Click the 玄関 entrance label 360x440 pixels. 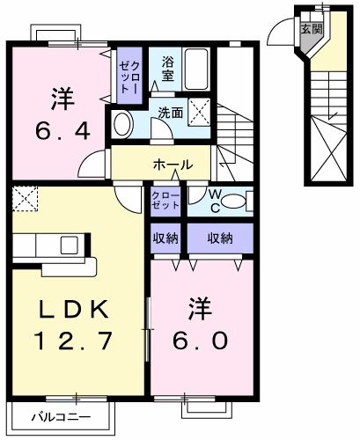[311, 28]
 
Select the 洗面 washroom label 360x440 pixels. [171, 113]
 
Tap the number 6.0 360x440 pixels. [200, 338]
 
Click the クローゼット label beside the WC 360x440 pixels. [164, 199]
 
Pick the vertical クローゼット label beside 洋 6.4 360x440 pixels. [129, 73]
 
